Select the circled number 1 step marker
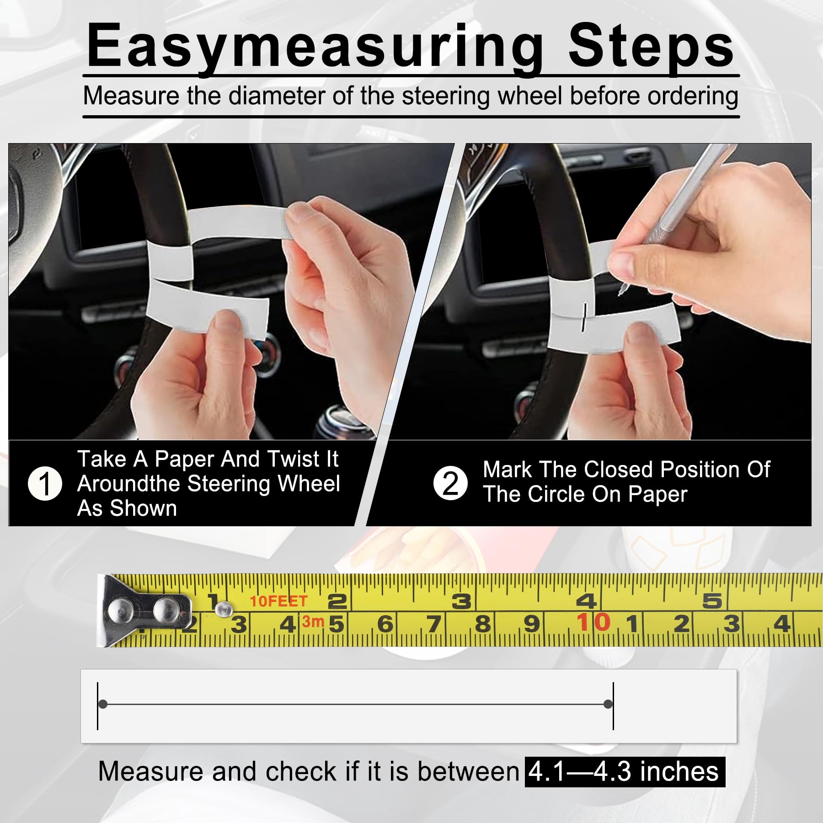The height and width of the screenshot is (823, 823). click(45, 484)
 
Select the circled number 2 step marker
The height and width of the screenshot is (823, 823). click(450, 484)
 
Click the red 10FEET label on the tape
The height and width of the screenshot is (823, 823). click(278, 601)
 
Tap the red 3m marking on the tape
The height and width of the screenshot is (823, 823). click(313, 621)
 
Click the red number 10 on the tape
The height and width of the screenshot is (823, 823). click(593, 622)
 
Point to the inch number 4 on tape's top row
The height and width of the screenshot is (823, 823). click(586, 601)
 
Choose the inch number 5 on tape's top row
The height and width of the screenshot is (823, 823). click(712, 601)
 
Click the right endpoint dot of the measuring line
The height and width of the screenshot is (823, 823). click(608, 704)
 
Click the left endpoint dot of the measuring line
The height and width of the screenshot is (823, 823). click(103, 704)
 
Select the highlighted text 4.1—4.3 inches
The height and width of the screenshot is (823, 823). click(625, 772)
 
